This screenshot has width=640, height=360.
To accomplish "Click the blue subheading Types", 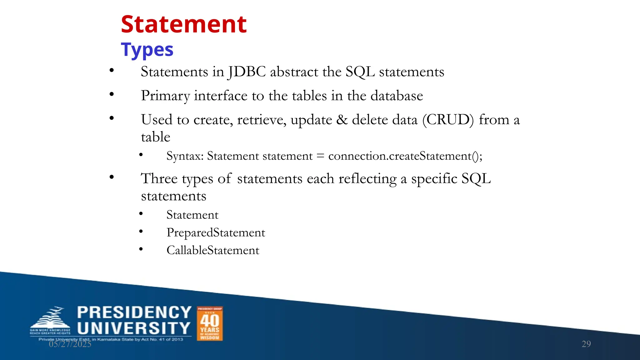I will click(147, 50).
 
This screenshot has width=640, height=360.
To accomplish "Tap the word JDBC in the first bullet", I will click(247, 72).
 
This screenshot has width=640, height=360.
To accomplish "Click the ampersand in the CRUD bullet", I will click(342, 120).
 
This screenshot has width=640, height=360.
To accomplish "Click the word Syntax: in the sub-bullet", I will click(185, 156).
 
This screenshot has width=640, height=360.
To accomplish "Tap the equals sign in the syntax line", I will click(320, 156).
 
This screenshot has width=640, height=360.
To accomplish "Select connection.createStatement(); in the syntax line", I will click(405, 156).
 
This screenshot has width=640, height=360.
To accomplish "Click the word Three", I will click(159, 178).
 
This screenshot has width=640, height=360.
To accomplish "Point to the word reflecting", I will click(367, 178).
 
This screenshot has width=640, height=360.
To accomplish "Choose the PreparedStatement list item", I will click(216, 232).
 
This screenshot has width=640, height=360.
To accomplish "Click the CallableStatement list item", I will click(213, 250).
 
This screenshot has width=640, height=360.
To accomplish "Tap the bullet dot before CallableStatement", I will click(141, 249).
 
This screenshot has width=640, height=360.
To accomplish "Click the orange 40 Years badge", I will click(210, 323).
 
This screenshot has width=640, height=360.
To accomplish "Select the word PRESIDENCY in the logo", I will click(134, 312).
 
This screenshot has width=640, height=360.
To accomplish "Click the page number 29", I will click(586, 344).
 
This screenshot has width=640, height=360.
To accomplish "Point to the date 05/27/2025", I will click(70, 344).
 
